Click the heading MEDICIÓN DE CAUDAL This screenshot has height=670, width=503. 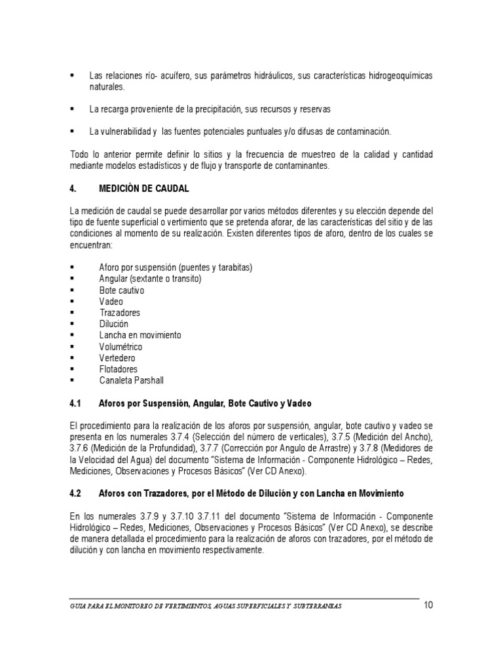point(143,188)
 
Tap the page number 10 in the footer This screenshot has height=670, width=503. point(428,605)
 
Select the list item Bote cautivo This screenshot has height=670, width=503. point(122,290)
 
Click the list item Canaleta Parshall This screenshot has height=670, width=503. point(131,380)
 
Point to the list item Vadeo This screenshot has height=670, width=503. point(111,302)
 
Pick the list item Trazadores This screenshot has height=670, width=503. point(120,313)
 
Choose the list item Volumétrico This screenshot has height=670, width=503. point(121,347)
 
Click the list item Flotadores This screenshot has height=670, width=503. point(119,369)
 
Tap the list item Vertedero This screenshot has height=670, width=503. point(118,358)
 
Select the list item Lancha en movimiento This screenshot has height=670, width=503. point(140,335)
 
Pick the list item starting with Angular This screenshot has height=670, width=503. point(150,279)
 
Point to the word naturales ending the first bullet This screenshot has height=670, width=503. point(107,86)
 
